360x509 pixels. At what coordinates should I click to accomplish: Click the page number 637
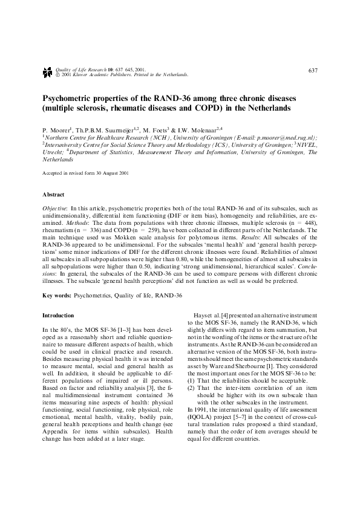(313, 71)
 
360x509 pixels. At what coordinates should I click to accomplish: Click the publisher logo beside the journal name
(47, 72)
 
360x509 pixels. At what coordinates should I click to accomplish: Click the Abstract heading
(53, 195)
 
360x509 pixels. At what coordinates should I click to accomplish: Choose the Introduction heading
(58, 316)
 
